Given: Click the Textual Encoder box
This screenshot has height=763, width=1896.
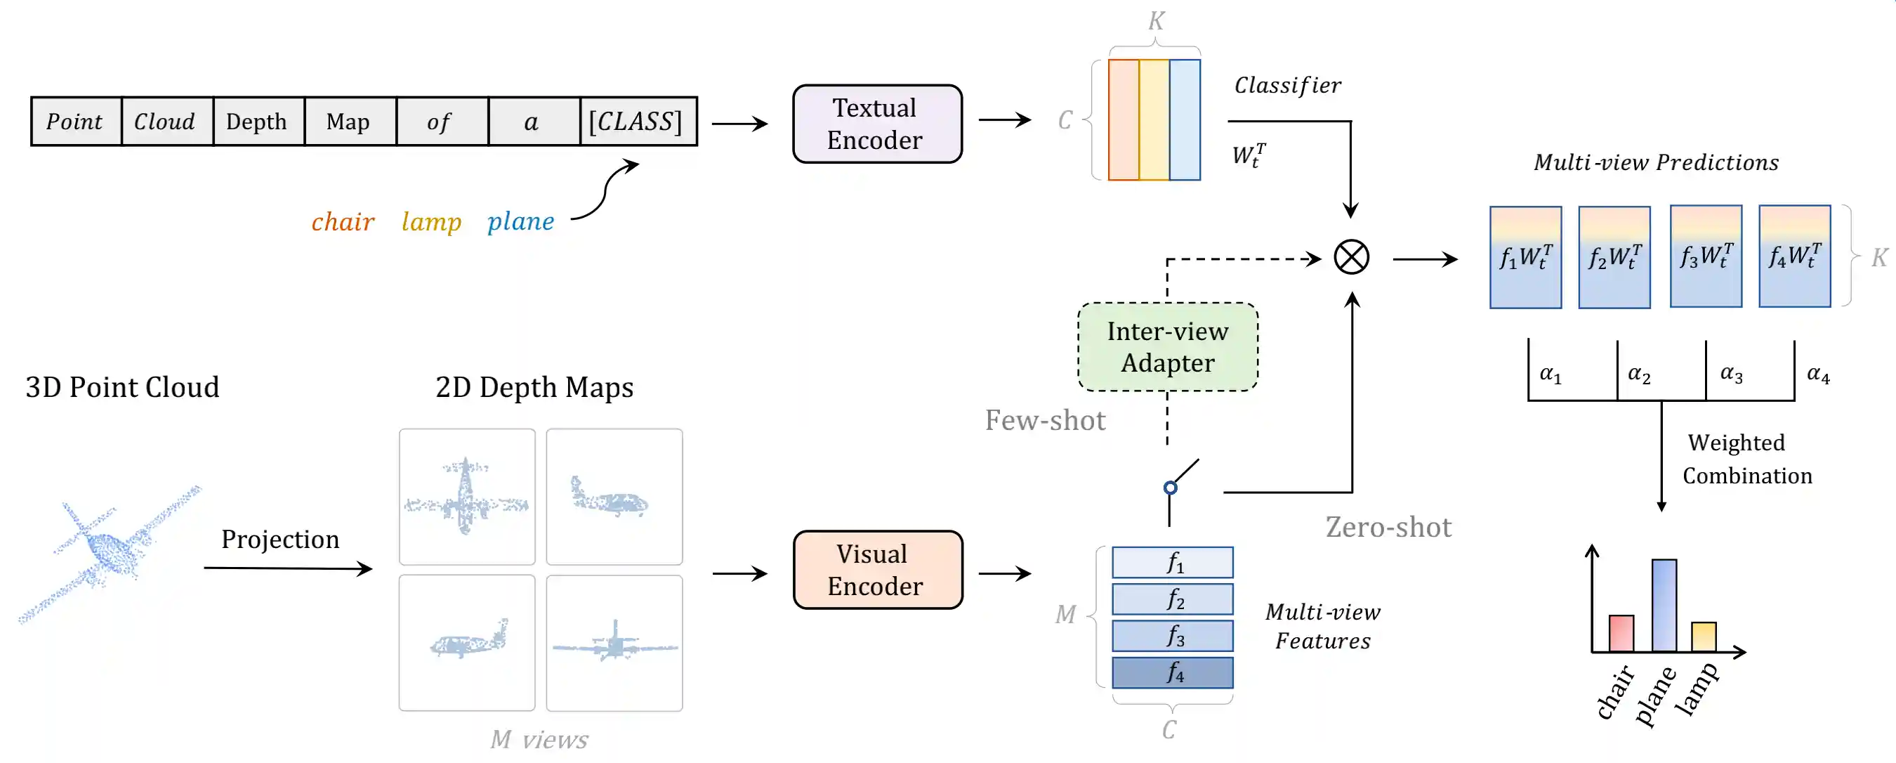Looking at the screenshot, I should [x=876, y=124].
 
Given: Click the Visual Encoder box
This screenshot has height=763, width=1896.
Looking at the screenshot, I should [x=877, y=569].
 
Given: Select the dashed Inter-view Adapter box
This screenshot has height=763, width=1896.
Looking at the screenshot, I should [x=1167, y=347].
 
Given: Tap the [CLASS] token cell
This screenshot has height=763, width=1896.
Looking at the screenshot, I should [x=637, y=122].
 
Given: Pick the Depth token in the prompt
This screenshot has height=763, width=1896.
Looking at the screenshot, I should [x=257, y=122].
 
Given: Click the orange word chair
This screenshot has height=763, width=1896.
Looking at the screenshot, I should [x=342, y=222].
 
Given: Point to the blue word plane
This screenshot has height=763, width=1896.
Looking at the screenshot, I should [x=520, y=222].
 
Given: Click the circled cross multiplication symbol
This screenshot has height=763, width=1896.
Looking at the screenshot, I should [x=1351, y=258].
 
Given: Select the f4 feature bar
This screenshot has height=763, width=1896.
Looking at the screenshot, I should [x=1173, y=672].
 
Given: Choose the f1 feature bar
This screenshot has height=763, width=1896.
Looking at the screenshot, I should [x=1173, y=563].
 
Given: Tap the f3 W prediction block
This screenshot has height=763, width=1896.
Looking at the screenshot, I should [x=1706, y=256].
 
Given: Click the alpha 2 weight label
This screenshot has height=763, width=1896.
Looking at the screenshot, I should [x=1639, y=374].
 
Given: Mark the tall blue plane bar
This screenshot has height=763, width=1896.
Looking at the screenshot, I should [x=1664, y=606].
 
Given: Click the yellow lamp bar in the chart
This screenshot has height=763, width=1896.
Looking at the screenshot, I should [x=1703, y=637].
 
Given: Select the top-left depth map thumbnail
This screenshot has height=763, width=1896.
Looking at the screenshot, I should [x=468, y=497].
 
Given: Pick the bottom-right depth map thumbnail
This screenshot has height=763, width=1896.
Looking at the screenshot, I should [x=614, y=643].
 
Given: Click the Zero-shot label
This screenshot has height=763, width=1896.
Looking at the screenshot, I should [x=1388, y=528].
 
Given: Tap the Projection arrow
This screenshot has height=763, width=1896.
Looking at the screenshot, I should [x=288, y=568].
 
